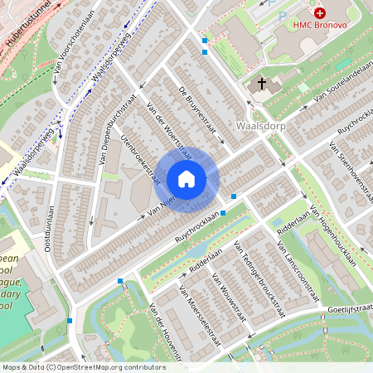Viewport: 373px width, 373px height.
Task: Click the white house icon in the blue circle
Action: click(x=186, y=179)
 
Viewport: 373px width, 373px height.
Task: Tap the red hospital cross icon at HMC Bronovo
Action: click(x=319, y=14)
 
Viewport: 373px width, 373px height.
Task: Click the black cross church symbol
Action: click(x=262, y=84)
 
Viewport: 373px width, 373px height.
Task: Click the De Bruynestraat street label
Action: click(x=196, y=111)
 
